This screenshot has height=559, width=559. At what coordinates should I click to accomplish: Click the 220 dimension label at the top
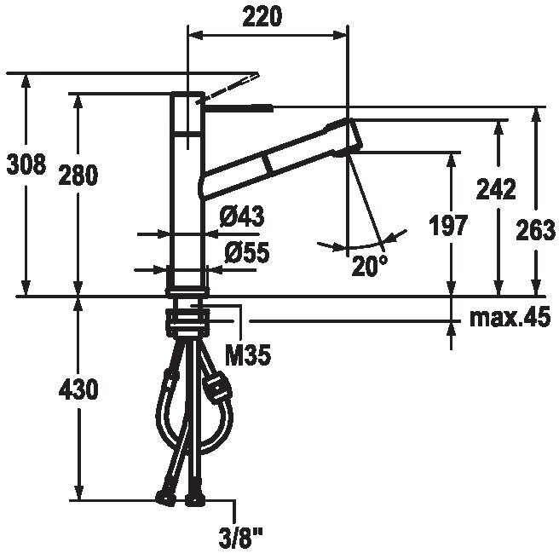tap(262, 16)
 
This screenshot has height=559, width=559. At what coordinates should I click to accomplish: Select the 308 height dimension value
tap(26, 164)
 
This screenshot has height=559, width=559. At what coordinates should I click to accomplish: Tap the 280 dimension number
tap(78, 175)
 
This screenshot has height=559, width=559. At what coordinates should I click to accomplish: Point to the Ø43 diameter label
tap(242, 216)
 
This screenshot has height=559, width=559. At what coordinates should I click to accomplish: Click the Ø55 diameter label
tap(247, 252)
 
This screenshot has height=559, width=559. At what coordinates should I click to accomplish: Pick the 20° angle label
tap(369, 266)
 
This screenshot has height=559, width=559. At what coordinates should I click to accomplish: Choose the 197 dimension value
tap(447, 225)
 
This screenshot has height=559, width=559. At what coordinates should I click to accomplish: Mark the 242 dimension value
tap(496, 189)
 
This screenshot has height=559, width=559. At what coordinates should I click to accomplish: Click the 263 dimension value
tap(535, 230)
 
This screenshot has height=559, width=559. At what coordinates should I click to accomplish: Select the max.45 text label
tap(510, 318)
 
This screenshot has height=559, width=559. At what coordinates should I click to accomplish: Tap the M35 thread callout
tap(248, 355)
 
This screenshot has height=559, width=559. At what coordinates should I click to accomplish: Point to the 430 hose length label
tap(78, 389)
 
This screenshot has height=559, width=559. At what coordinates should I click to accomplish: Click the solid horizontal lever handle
tap(238, 107)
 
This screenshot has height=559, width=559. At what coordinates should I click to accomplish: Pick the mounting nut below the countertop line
tap(187, 321)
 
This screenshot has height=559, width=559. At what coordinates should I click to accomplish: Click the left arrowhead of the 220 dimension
tap(195, 35)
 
